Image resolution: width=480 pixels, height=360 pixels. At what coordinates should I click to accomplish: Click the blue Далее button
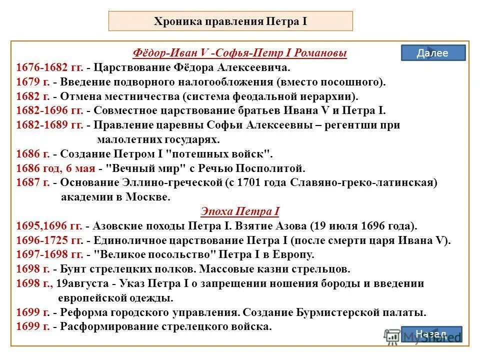tap(433, 53)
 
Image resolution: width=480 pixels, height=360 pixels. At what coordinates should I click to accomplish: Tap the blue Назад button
tap(431, 334)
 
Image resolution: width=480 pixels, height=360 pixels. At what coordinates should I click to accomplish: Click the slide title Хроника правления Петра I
tap(230, 21)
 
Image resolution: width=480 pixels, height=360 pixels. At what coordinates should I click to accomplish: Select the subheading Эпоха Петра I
tap(240, 211)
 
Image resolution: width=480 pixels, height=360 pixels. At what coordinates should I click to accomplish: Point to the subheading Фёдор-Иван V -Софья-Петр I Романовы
tap(240, 53)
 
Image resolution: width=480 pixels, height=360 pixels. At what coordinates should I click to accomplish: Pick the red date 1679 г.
tap(32, 81)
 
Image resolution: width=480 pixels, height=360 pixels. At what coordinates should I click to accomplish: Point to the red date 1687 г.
tap(32, 183)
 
